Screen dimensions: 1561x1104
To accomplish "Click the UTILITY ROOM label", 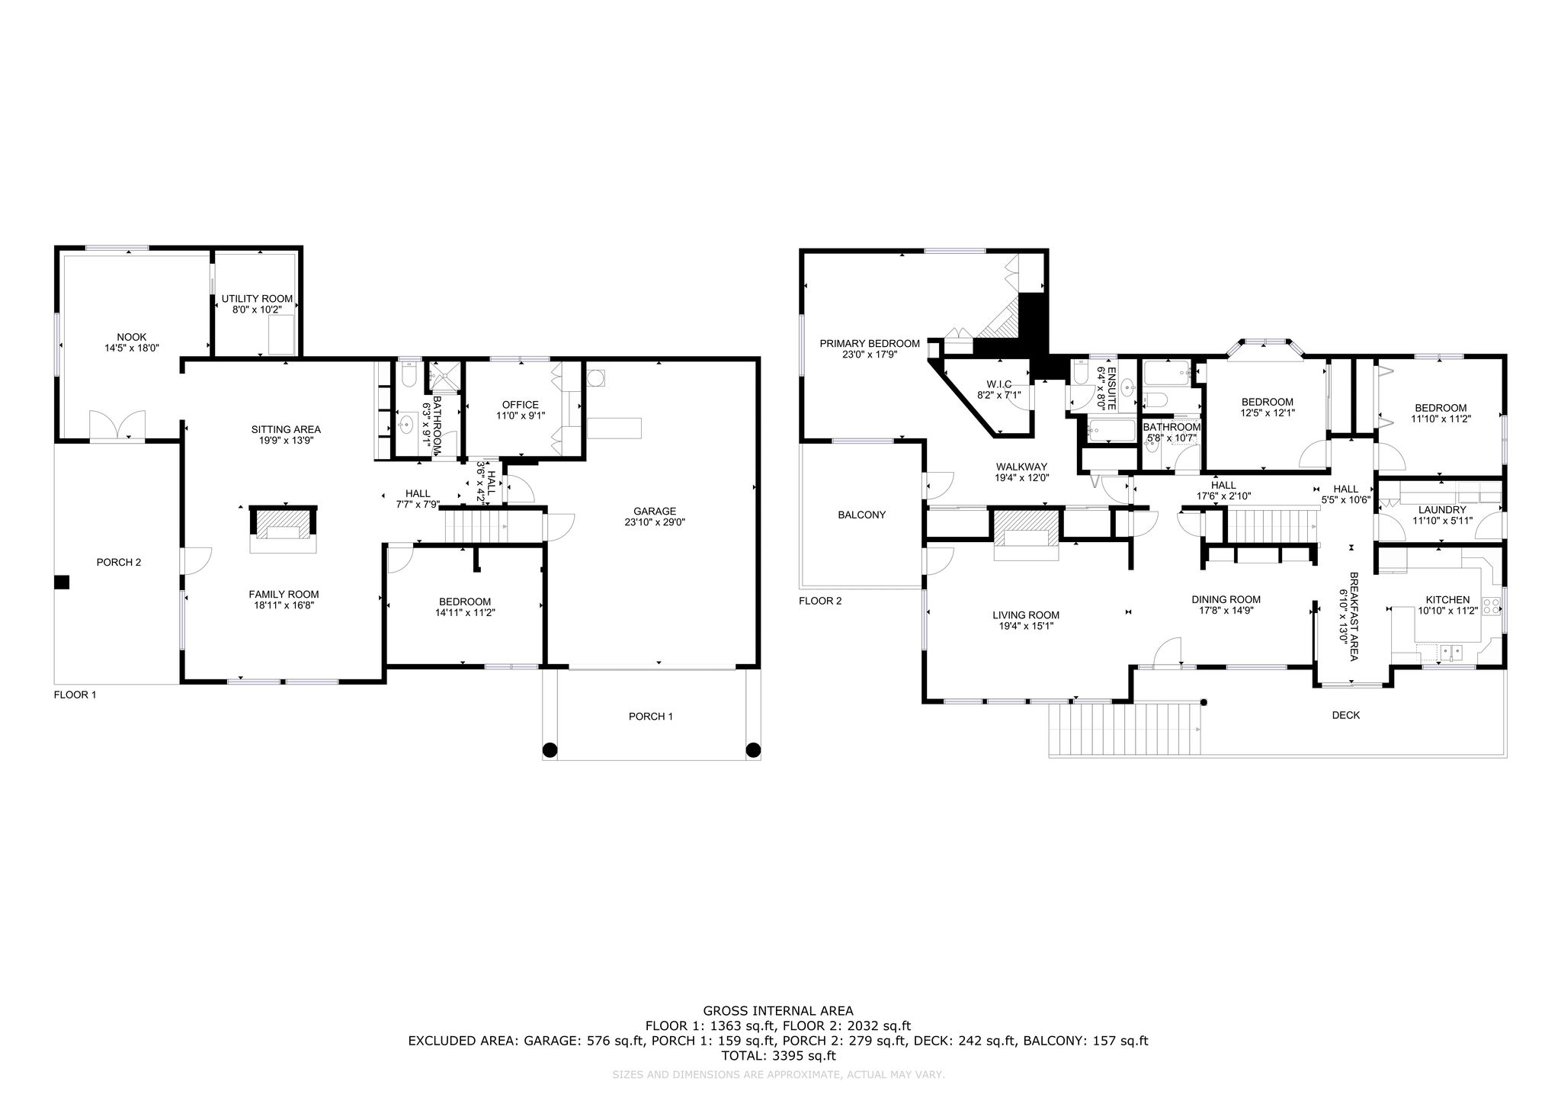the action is (257, 299).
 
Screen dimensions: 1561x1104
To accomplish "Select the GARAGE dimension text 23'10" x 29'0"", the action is (655, 523).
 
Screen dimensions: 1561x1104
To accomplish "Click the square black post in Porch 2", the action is (62, 582).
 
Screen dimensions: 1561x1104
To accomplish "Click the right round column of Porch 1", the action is (753, 750).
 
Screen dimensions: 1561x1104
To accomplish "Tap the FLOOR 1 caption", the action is (75, 695).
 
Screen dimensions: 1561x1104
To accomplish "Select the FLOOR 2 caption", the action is (820, 601).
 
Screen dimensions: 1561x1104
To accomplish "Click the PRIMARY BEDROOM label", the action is (870, 344).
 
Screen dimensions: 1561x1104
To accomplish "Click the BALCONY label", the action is (862, 515).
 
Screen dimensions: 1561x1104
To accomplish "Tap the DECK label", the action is (1346, 715).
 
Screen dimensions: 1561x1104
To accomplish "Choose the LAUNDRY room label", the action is (1442, 510).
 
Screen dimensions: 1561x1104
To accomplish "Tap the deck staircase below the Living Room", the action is (1126, 730).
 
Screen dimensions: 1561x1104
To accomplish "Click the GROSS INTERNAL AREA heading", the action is (777, 1011).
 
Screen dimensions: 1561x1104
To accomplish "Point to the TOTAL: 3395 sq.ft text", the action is (778, 1056).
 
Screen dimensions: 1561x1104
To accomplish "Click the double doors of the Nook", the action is (117, 425).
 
